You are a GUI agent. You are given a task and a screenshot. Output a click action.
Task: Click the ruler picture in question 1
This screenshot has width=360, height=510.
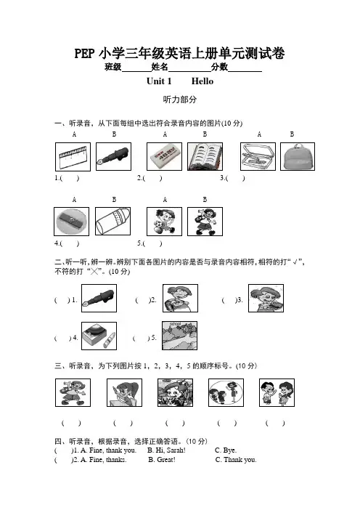[73, 156]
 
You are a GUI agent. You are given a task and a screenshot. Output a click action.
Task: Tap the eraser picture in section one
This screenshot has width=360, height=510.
[164, 156]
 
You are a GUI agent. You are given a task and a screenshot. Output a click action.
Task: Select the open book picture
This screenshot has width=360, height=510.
[205, 156]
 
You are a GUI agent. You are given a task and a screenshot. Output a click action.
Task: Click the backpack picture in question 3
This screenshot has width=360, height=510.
[298, 156]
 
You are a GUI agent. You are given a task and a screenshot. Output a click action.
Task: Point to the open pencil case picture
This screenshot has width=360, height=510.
[258, 156]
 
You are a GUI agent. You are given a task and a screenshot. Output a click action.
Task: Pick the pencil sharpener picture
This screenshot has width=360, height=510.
[71, 222]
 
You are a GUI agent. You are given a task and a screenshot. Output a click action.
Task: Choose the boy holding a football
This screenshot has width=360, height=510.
[164, 222]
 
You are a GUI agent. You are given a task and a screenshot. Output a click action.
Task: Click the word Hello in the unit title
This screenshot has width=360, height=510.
[202, 81]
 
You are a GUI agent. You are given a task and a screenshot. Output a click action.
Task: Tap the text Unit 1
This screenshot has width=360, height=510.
[159, 81]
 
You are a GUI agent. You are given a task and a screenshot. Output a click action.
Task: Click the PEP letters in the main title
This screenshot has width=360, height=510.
[84, 54]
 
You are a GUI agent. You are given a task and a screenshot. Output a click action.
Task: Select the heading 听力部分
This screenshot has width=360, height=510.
[180, 100]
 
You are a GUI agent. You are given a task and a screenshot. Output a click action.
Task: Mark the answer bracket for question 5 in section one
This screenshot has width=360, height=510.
[152, 243]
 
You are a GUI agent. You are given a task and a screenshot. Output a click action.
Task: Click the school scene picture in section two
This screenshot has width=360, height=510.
[180, 336]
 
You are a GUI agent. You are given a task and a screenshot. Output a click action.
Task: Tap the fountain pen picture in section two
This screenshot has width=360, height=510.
[99, 299]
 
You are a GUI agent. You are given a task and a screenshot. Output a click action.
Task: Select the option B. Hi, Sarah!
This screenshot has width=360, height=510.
[166, 450]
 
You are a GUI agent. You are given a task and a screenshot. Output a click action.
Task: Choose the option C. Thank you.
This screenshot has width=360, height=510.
[236, 460]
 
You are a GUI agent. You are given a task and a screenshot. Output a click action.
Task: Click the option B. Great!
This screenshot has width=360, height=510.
[162, 460]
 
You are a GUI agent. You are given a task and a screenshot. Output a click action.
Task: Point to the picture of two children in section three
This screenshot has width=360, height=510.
[277, 392]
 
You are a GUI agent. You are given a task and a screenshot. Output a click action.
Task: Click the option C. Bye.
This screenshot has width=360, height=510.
[226, 450]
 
